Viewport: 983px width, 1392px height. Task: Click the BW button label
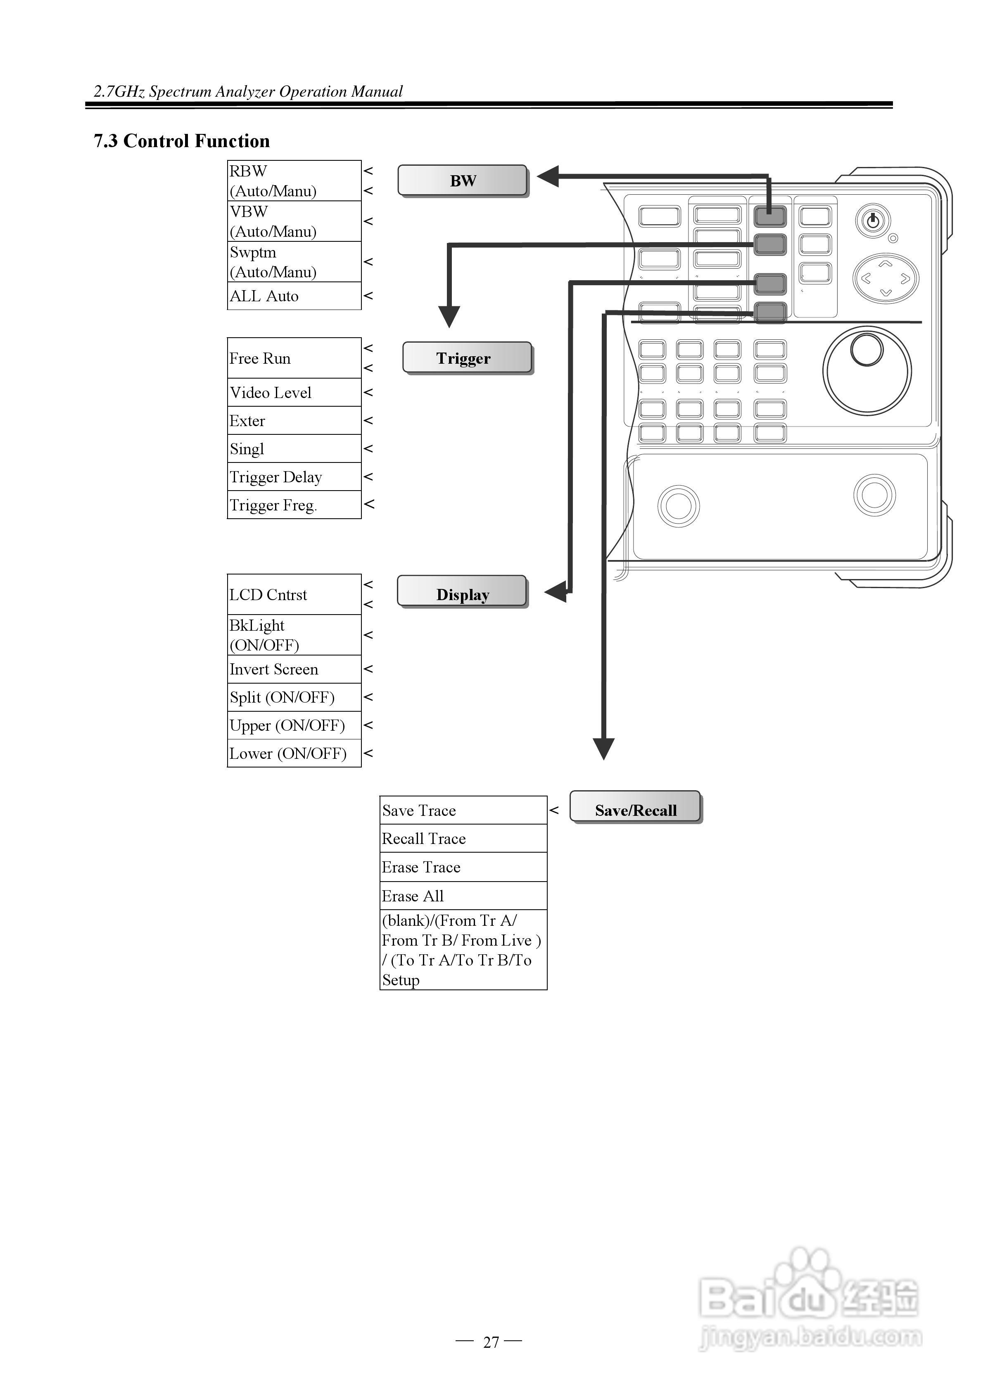click(463, 180)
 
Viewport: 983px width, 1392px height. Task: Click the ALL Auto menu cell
click(294, 296)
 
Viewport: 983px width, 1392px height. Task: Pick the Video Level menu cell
click(294, 392)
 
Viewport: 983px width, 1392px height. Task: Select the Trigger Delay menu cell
click(294, 477)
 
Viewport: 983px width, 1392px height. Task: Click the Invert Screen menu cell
click(294, 669)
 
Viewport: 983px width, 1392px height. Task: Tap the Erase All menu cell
click(463, 896)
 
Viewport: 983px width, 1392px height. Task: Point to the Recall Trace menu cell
click(463, 839)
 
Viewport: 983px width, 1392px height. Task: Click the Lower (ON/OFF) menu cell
click(294, 753)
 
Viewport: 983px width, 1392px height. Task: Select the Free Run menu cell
click(294, 358)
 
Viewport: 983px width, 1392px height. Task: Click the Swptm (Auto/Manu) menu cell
click(294, 262)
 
